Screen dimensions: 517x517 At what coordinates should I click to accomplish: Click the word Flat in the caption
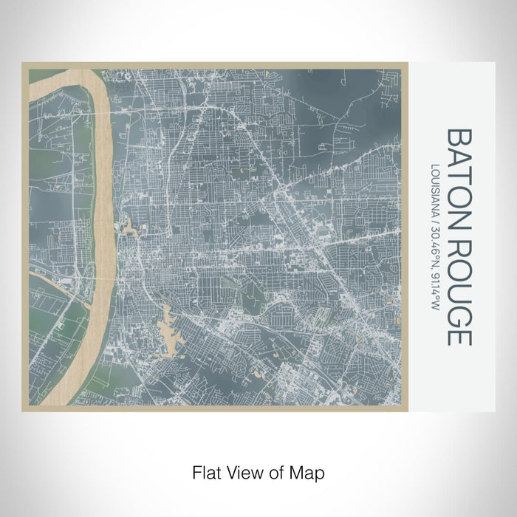[x=206, y=471]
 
